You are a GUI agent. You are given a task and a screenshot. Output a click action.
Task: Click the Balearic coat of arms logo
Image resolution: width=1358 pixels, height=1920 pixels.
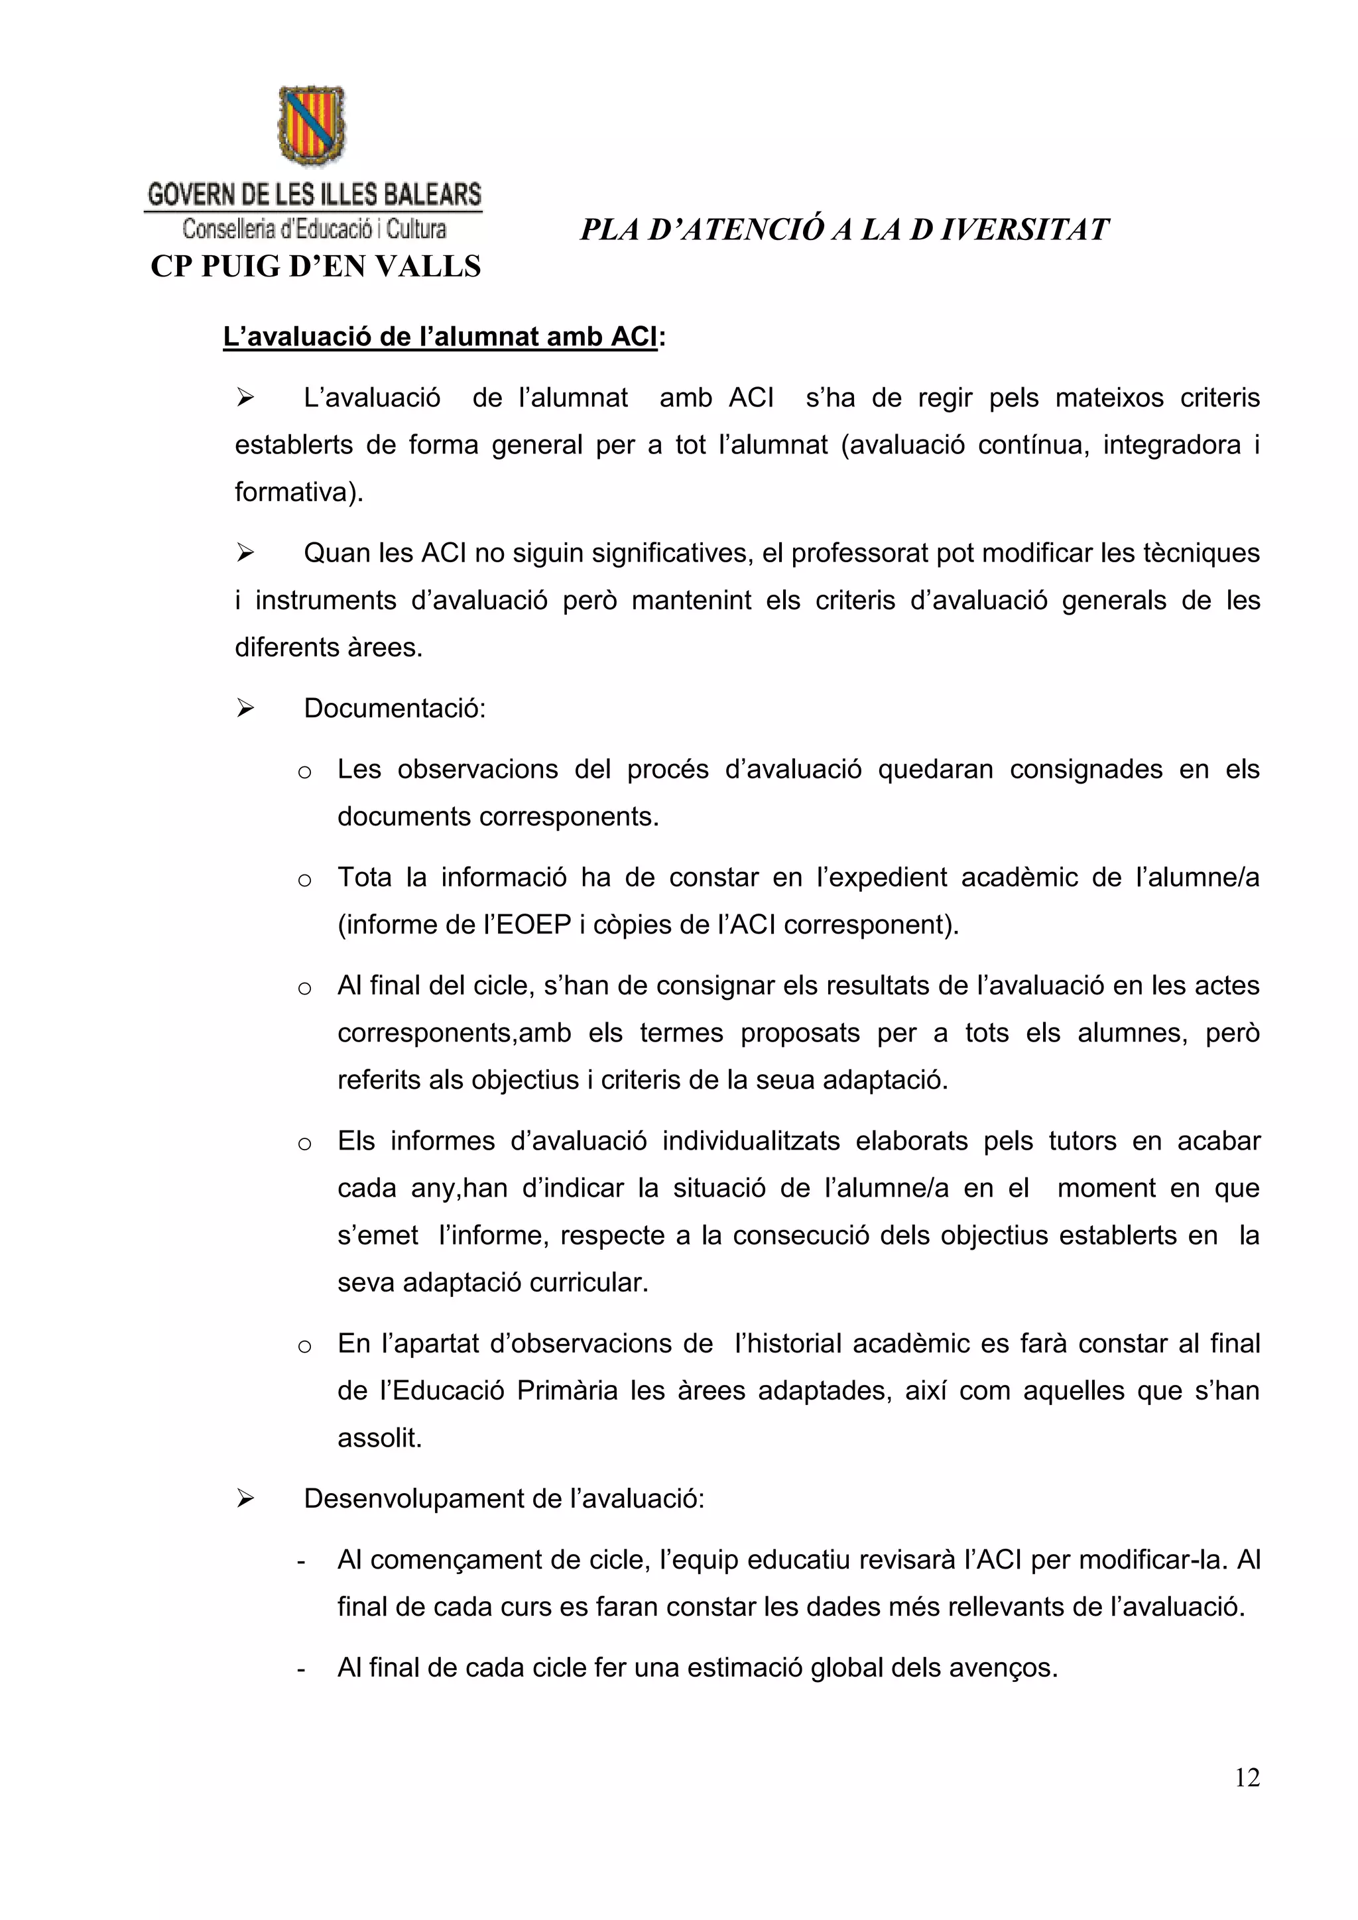pyautogui.click(x=311, y=125)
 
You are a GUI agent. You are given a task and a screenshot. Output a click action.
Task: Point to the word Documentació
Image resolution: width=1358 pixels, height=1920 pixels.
pyautogui.click(x=394, y=708)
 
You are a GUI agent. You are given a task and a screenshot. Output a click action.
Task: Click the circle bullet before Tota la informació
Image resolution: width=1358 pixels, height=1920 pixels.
pyautogui.click(x=304, y=880)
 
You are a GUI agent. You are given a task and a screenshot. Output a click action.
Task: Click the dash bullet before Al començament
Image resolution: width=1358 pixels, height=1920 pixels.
pyautogui.click(x=301, y=1561)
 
